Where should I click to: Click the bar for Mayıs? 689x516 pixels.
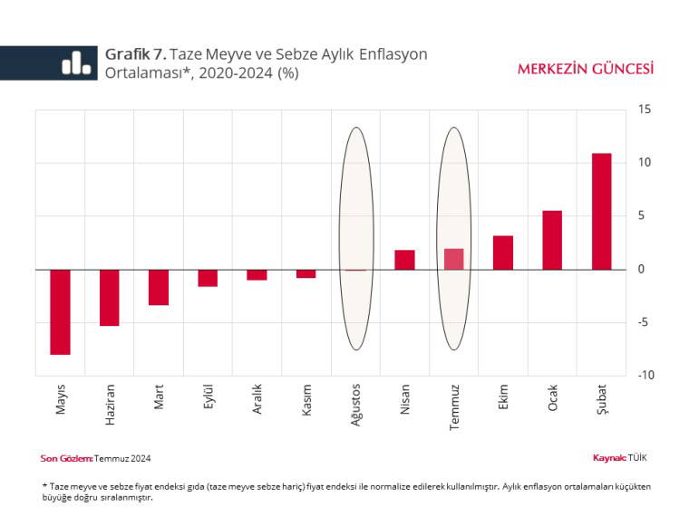(60, 311)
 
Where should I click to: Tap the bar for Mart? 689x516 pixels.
(159, 287)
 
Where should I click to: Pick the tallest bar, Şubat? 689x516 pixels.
(601, 211)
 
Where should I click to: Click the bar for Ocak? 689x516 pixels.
(552, 240)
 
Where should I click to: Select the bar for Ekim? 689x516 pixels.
(503, 253)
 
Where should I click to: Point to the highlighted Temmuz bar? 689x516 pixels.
(454, 259)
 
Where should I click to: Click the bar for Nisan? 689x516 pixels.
(404, 260)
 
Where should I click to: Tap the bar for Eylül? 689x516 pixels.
(208, 278)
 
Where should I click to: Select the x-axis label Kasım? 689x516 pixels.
(306, 401)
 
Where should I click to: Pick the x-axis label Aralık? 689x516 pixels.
(257, 400)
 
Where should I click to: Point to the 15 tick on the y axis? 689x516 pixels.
(645, 110)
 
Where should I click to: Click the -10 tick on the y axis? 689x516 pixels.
(645, 375)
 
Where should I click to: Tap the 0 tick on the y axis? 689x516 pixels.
(642, 269)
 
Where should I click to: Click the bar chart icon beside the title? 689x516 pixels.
(76, 62)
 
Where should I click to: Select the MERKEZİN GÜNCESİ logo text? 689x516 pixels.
(585, 69)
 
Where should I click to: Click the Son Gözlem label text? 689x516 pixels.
(66, 458)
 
